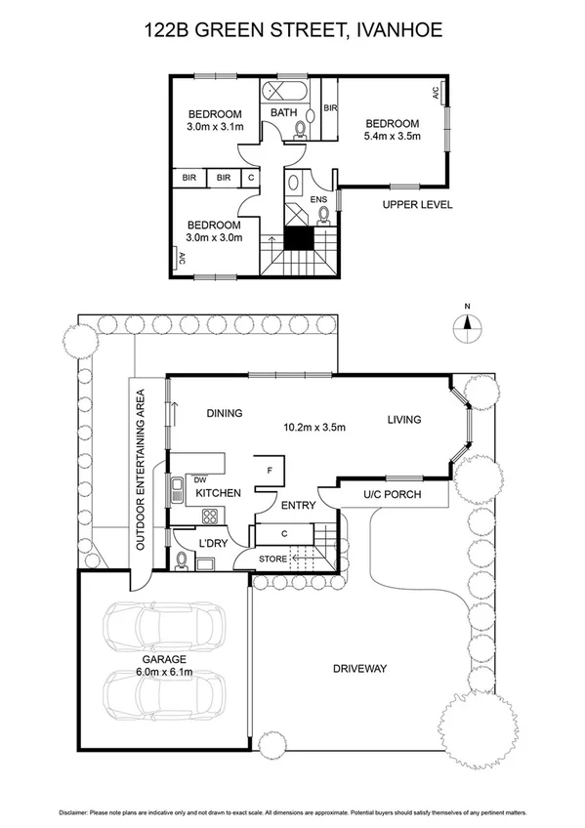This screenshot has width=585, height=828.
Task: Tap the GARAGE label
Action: tap(162, 660)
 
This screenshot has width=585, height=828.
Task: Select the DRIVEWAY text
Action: tap(360, 669)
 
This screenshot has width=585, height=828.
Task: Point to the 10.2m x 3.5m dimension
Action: tap(314, 427)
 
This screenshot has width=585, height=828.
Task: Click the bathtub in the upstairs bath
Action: tap(285, 94)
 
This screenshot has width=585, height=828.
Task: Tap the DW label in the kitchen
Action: tap(199, 479)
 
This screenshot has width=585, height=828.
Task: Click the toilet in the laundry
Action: tap(182, 560)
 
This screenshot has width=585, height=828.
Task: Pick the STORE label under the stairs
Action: tap(272, 558)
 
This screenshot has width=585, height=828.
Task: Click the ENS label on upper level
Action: tap(318, 200)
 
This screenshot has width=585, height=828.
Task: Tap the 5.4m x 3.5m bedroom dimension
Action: tap(392, 137)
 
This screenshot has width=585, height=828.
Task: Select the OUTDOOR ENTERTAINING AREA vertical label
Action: tap(142, 472)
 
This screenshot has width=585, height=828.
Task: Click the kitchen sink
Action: tap(178, 490)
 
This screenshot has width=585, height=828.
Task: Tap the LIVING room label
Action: tap(403, 420)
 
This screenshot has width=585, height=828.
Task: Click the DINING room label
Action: tap(224, 413)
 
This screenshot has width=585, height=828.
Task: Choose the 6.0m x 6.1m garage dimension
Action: tap(162, 673)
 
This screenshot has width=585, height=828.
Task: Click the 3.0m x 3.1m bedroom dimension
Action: tap(214, 126)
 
